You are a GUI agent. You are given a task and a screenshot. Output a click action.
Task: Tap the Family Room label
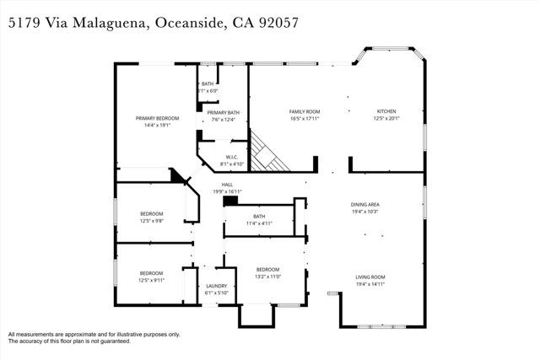pos(305,111)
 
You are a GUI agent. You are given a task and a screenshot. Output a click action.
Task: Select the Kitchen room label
pos(386,111)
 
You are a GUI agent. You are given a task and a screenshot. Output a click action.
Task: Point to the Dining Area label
pos(365,205)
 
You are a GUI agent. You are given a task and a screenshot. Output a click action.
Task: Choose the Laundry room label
pos(217,287)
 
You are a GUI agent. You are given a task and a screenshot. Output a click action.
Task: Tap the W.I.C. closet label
pos(231,156)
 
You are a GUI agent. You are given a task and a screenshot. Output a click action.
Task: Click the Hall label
pos(227,185)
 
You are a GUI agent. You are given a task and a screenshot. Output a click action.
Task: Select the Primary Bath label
pos(224,112)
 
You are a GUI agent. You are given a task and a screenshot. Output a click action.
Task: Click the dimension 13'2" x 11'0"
pos(267,277)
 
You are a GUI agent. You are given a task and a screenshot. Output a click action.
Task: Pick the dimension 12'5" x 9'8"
pos(152,221)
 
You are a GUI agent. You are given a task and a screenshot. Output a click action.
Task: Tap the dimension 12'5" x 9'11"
pos(152,281)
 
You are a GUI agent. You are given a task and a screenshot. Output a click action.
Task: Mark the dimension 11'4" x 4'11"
pos(259,223)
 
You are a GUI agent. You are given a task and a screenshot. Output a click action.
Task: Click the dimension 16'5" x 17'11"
pos(305,119)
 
